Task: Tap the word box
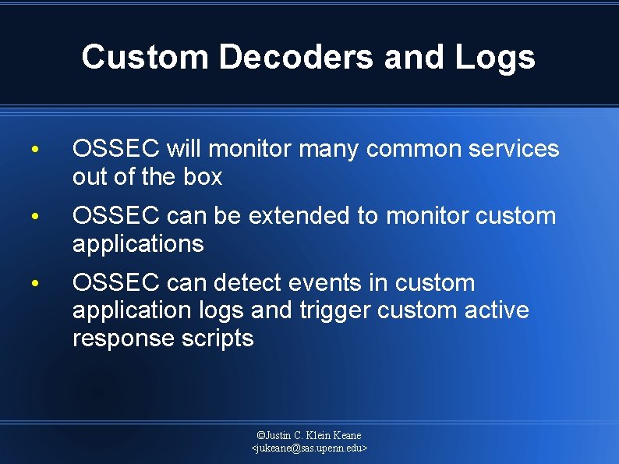point(203,177)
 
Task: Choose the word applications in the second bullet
point(138,244)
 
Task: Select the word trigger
point(335,310)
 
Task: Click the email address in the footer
point(309,448)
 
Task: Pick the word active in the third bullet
point(496,310)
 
